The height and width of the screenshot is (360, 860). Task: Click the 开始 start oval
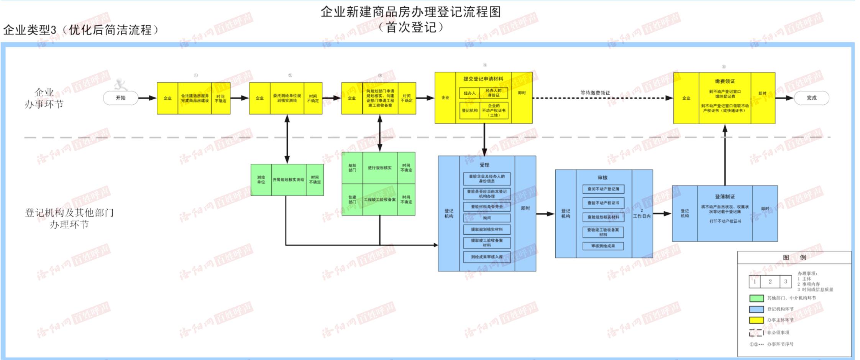coord(120,98)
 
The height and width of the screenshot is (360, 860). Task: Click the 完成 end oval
coord(811,98)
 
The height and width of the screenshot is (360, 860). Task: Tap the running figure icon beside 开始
coord(120,84)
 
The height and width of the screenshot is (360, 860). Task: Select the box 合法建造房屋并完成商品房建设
coord(195,98)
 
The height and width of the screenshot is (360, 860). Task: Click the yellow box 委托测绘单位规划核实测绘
coord(287,98)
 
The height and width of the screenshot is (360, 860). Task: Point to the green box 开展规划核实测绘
coord(289,180)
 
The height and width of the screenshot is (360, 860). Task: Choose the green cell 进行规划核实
coord(380,168)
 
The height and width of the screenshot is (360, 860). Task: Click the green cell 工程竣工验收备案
coord(380,200)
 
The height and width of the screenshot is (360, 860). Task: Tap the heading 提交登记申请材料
coord(483,79)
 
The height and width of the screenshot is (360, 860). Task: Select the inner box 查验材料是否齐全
coord(487,207)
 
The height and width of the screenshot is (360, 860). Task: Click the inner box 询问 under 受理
coord(487,218)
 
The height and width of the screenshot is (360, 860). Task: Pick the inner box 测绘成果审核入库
coord(487,257)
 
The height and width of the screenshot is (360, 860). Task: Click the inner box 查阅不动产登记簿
coord(603,189)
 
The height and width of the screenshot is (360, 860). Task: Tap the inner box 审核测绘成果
coord(603,246)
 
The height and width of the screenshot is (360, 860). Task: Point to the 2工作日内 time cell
coord(642,214)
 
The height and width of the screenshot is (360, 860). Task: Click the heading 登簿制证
coord(725,197)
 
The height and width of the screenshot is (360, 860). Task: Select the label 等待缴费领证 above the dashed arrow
coord(595,93)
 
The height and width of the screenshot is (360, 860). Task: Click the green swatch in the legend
coord(756,298)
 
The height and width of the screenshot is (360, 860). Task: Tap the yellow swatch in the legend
coord(756,320)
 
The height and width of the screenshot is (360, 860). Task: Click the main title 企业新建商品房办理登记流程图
coord(410,12)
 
